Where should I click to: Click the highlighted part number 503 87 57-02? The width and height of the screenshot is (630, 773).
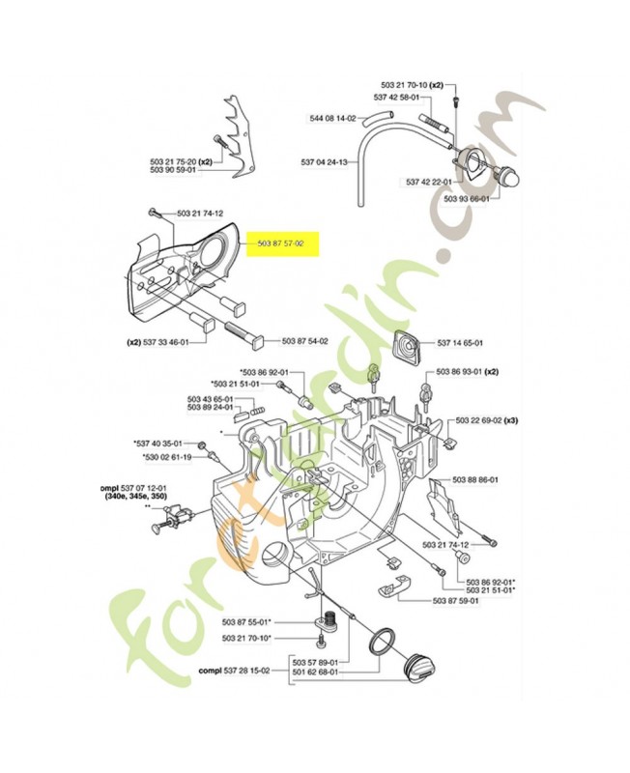(x=281, y=246)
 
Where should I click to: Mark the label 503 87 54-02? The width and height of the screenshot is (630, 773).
(x=305, y=341)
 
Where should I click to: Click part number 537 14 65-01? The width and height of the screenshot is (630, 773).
(x=460, y=342)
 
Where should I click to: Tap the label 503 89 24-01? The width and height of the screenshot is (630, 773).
(x=210, y=407)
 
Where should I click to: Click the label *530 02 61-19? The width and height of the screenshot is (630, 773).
(x=168, y=456)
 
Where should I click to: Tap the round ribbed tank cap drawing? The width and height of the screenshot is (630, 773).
(x=420, y=667)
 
